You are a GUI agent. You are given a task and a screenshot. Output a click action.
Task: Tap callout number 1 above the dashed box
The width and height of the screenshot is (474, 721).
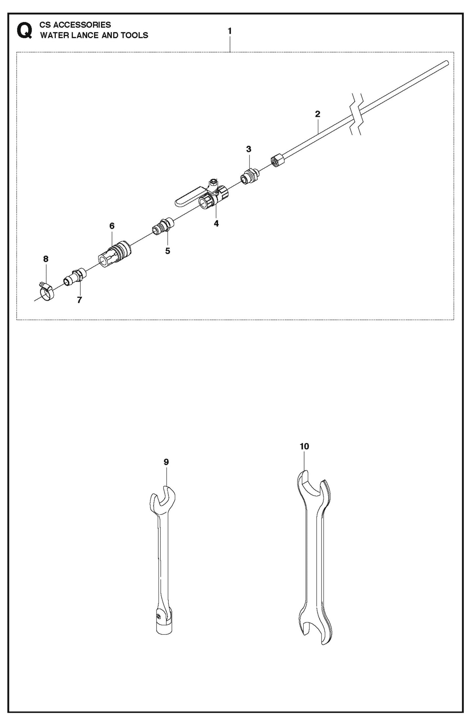point(230,31)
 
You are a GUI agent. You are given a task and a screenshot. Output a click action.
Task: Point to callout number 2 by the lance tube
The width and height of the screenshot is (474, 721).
point(318,114)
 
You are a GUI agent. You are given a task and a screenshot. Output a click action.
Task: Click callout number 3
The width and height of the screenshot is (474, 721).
point(249,149)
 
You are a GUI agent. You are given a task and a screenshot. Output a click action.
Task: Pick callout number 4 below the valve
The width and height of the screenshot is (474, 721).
point(216,224)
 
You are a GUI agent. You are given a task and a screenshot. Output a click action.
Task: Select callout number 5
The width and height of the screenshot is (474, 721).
point(168,251)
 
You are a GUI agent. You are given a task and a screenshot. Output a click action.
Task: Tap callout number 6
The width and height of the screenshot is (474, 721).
point(112,226)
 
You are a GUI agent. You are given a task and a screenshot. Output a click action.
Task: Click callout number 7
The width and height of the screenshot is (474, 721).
point(79,300)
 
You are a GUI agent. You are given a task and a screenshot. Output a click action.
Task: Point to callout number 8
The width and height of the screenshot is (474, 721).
point(46,259)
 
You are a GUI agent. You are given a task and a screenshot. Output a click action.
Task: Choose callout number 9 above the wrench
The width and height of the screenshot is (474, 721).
point(166,462)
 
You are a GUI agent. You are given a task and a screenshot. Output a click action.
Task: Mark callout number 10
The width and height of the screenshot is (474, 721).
point(304,446)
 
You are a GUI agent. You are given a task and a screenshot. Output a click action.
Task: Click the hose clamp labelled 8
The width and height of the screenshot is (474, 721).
point(46,292)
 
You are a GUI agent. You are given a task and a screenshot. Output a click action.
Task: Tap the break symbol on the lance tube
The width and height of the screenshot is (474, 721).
point(357,114)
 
